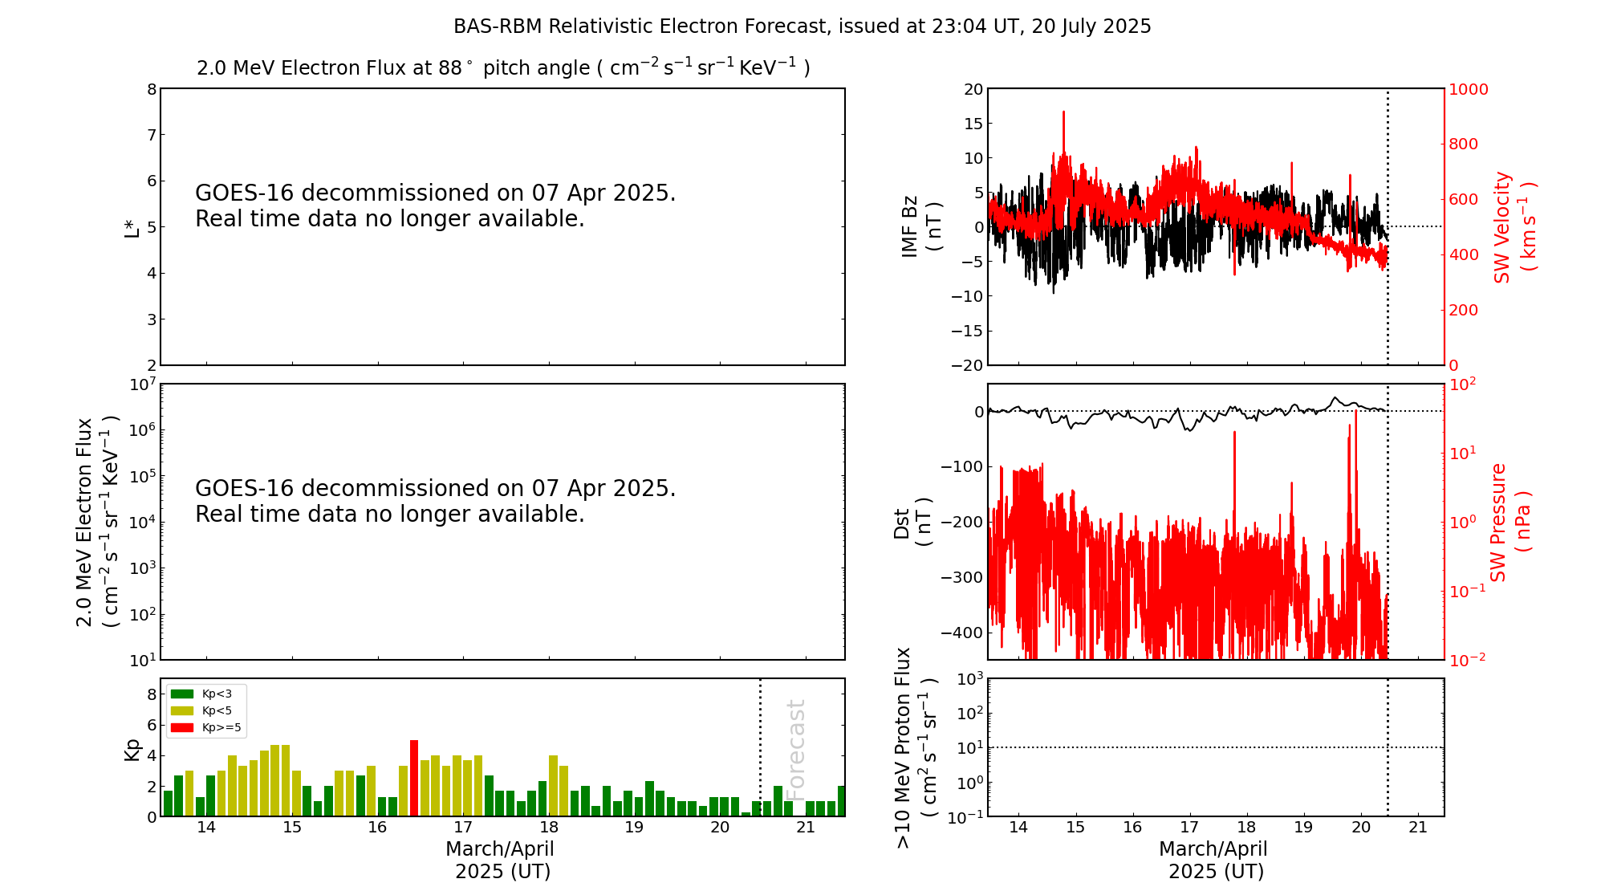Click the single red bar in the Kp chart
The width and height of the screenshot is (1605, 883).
(x=414, y=778)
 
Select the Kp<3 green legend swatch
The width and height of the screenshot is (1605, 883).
(x=182, y=694)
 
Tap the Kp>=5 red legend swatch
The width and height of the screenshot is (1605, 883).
(x=182, y=728)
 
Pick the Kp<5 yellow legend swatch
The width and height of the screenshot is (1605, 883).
(x=182, y=710)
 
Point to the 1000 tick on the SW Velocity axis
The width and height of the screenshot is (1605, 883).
(x=1468, y=89)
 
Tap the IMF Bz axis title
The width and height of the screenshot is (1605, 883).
(x=920, y=227)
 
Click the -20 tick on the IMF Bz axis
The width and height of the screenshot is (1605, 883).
(x=966, y=365)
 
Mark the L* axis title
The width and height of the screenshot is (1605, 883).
(x=132, y=227)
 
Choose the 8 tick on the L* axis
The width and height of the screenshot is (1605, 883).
(x=152, y=89)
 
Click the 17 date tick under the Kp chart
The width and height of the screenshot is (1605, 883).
(x=463, y=828)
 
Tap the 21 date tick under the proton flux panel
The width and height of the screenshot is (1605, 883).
(x=1418, y=828)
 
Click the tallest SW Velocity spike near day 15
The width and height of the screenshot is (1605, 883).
(x=1064, y=113)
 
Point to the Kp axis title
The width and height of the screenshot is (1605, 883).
(x=132, y=749)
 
